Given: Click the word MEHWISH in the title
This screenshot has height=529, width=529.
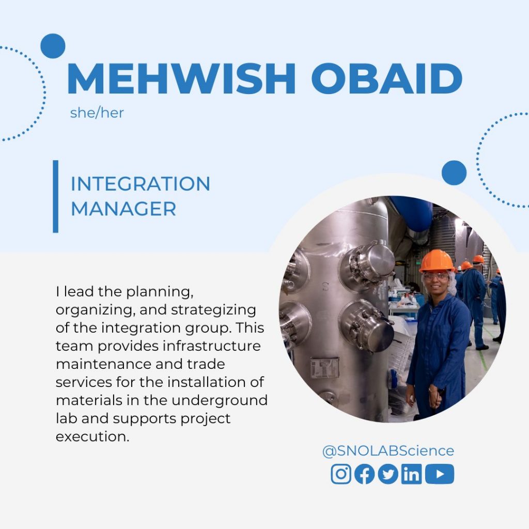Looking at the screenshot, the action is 181,79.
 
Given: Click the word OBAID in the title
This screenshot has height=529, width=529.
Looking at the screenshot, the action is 386,79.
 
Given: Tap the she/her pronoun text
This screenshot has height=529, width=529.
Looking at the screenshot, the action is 97,113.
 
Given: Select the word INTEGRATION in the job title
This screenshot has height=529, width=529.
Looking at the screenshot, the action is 141,183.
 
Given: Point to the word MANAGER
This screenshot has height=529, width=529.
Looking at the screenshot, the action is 123,209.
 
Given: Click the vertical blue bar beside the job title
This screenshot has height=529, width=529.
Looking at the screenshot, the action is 56,196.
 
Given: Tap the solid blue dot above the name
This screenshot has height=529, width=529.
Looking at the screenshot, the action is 53,46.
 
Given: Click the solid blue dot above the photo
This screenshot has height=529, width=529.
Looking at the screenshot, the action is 454,173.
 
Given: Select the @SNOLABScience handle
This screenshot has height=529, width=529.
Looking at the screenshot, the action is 388,450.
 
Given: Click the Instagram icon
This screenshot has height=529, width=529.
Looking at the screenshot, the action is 341,474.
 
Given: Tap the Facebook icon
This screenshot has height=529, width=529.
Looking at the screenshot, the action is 364,474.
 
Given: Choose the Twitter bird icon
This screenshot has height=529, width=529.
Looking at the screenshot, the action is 388,474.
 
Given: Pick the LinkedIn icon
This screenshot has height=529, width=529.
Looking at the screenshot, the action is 411,474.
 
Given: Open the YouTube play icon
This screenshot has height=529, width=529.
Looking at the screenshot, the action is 440,474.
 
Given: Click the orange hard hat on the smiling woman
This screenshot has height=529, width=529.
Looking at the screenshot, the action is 437,261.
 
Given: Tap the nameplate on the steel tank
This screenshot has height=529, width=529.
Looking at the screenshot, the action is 324,368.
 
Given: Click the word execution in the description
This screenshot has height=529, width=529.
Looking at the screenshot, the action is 92,437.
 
